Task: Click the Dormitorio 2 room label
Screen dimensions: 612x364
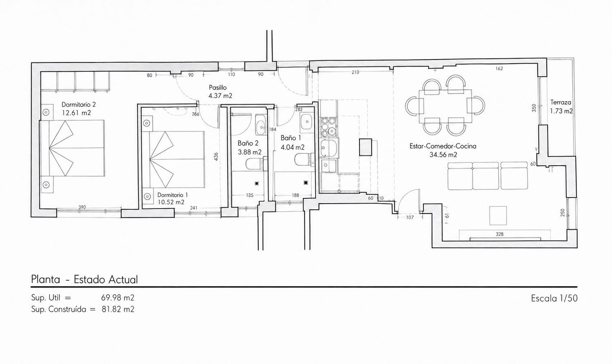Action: pyautogui.click(x=79, y=104)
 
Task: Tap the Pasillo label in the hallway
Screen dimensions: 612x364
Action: pyautogui.click(x=218, y=87)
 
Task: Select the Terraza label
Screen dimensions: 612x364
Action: pyautogui.click(x=561, y=102)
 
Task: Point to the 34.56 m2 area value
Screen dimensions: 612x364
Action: pyautogui.click(x=443, y=155)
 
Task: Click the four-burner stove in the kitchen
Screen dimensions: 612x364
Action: pyautogui.click(x=328, y=127)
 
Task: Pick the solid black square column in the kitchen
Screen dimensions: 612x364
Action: pyautogui.click(x=366, y=147)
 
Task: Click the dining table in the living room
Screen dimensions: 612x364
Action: pyautogui.click(x=446, y=107)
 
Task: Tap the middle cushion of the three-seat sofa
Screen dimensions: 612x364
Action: pyautogui.click(x=486, y=176)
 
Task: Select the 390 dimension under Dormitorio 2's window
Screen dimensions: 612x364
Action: pyautogui.click(x=82, y=207)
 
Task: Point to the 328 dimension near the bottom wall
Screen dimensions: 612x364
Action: pyautogui.click(x=499, y=234)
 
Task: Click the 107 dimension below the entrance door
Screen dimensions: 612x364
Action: pyautogui.click(x=410, y=218)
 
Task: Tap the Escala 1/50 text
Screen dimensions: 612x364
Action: pyautogui.click(x=554, y=298)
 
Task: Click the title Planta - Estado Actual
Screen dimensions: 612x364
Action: pyautogui.click(x=84, y=280)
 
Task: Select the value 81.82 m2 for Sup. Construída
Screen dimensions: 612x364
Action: pyautogui.click(x=118, y=309)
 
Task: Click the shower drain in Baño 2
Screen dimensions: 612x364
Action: pyautogui.click(x=256, y=184)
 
